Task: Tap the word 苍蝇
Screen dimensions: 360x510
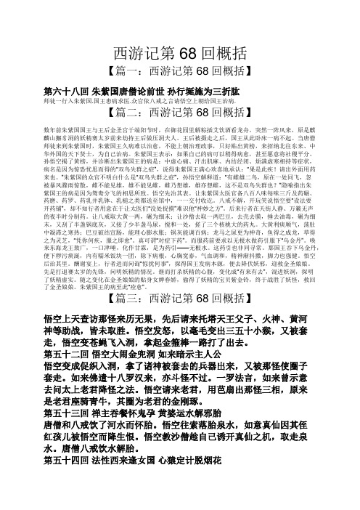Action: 105,355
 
